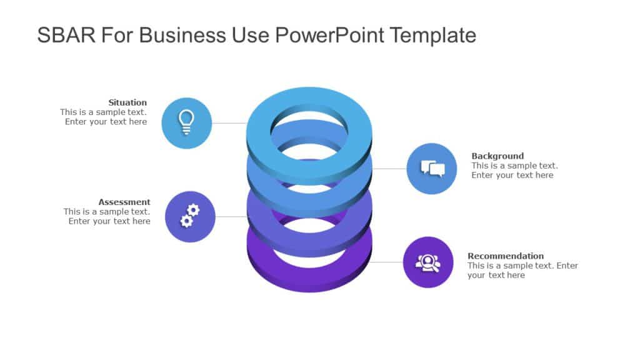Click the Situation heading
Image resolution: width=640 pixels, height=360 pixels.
127,102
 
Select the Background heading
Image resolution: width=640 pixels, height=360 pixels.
497,156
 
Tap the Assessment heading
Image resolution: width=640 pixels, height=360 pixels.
124,202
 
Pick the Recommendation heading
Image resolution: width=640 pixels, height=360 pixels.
506,256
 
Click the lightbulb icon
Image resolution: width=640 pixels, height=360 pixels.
186,122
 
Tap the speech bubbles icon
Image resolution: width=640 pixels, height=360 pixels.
432,168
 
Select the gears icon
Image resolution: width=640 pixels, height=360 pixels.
190,216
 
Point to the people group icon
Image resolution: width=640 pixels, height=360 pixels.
428,262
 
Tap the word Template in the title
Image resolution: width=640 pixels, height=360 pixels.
433,35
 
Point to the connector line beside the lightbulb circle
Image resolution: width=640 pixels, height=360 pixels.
229,123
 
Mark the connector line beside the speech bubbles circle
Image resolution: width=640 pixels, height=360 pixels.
389,169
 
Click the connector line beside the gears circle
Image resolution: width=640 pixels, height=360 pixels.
231,217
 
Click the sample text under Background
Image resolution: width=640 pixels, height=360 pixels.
514,171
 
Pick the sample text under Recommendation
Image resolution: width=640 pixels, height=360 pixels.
522,270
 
